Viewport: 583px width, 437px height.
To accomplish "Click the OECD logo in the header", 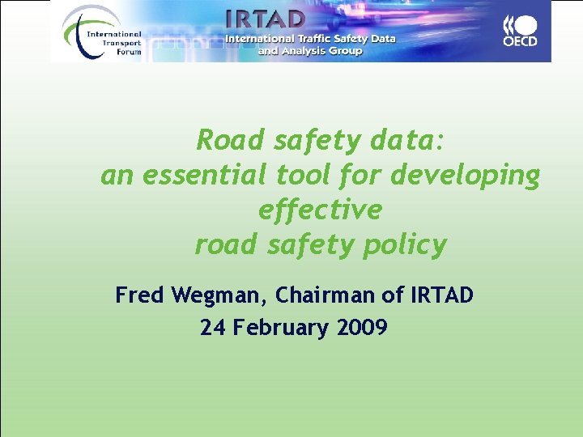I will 520,31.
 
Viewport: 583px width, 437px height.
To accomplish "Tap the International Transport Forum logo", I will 102,32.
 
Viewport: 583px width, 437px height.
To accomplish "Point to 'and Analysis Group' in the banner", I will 310,51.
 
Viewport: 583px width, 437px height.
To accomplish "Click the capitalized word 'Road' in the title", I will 230,141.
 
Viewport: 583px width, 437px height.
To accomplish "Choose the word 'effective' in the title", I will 320,210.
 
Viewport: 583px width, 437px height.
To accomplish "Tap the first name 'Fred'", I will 140,295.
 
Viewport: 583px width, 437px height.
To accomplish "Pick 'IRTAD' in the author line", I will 440,295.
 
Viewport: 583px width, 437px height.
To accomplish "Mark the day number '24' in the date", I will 213,328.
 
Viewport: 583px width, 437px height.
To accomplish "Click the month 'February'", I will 279,329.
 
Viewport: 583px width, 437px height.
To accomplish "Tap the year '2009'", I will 362,328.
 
